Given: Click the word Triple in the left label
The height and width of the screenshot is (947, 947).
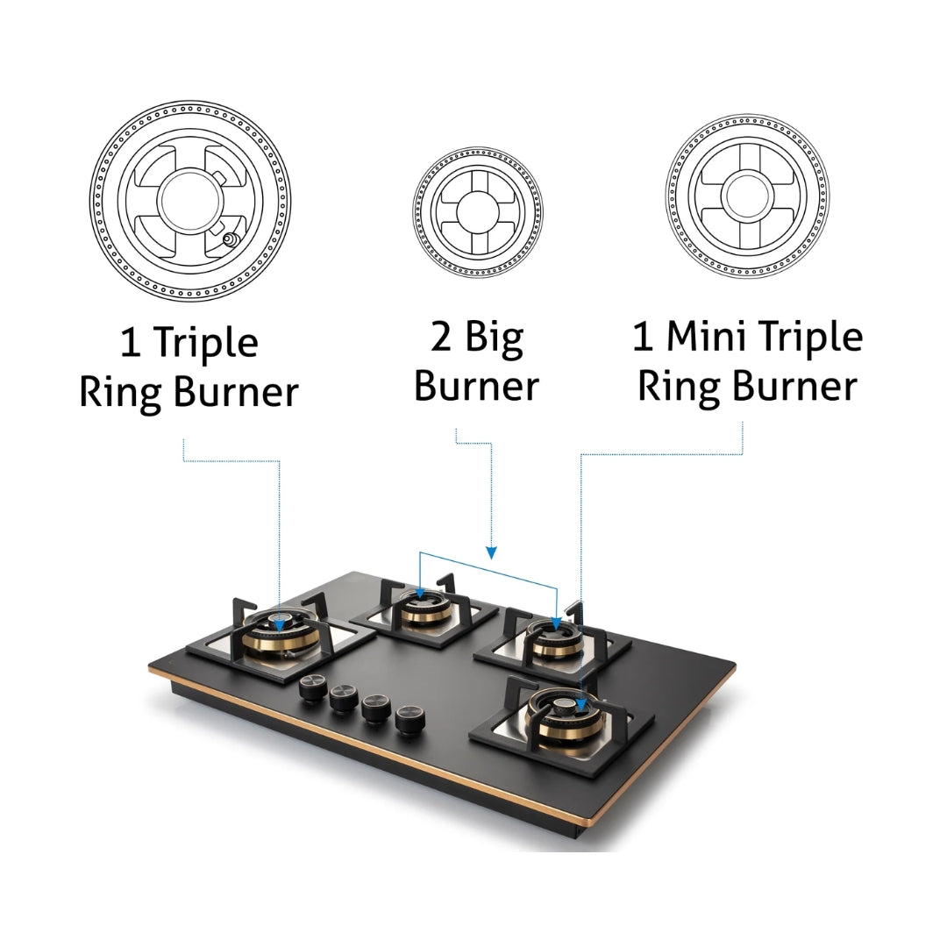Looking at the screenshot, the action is [x=207, y=345].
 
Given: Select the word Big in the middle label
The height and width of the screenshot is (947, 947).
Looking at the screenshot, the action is [x=494, y=338].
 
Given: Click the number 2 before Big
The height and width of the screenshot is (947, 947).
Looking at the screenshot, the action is [x=441, y=337].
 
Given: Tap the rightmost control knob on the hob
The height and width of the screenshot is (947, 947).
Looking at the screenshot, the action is [x=410, y=719].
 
